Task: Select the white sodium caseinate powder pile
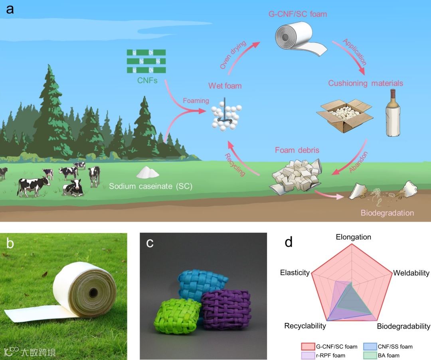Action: (x=148, y=172)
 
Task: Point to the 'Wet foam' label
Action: (x=225, y=85)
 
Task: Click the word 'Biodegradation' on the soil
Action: (x=387, y=212)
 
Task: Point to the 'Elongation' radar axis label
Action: (x=353, y=237)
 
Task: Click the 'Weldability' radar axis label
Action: (x=411, y=273)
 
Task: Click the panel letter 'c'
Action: (x=150, y=242)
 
